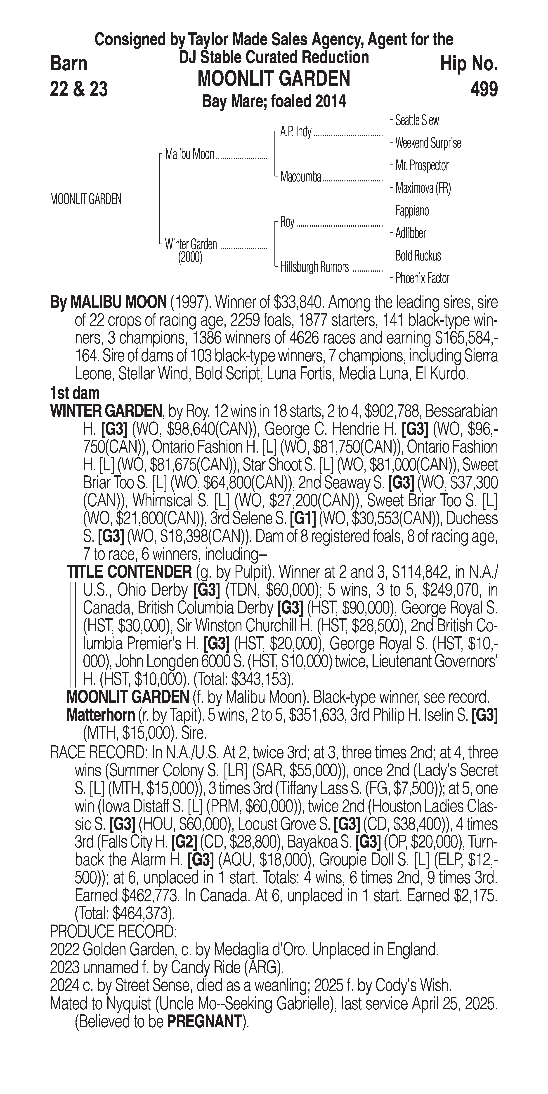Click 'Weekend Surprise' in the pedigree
coord(428,143)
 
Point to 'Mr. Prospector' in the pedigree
coord(422,166)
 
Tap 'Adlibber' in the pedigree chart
coord(410,233)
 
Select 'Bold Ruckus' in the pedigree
coord(418,256)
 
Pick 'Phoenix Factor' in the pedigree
coord(422,279)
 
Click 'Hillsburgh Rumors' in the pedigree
coord(314,267)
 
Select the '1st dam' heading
coord(75,393)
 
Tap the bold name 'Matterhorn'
coord(101,715)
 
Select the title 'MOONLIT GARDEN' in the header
coord(274,79)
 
